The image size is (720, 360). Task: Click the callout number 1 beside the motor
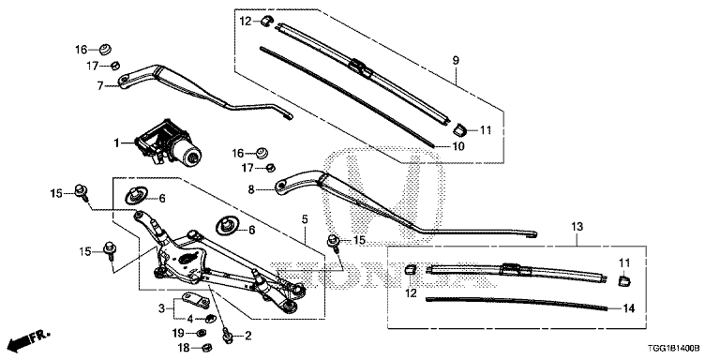point(117,143)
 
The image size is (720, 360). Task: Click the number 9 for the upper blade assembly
point(457,61)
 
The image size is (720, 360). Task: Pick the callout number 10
point(459,145)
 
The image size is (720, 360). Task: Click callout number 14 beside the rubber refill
point(629,307)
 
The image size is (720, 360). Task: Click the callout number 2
point(247,335)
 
